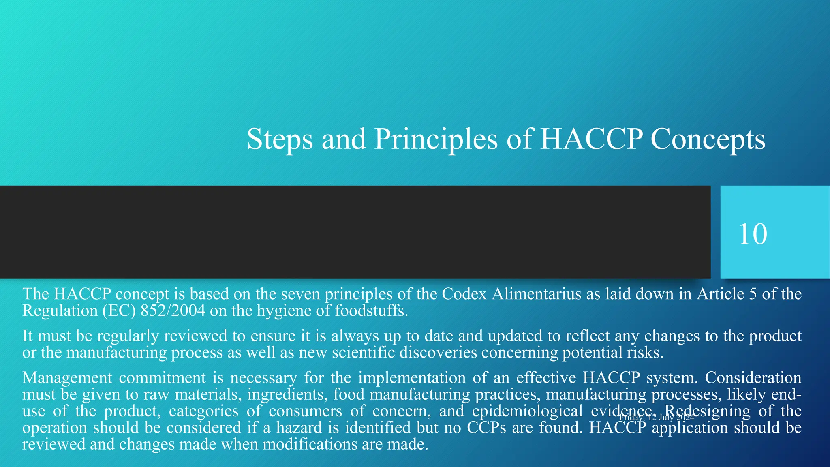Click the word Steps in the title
280,139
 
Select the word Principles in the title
436,139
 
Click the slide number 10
753,234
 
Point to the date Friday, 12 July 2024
657,418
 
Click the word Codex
464,293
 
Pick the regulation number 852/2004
173,311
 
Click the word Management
67,378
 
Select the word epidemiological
527,411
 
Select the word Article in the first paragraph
720,293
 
